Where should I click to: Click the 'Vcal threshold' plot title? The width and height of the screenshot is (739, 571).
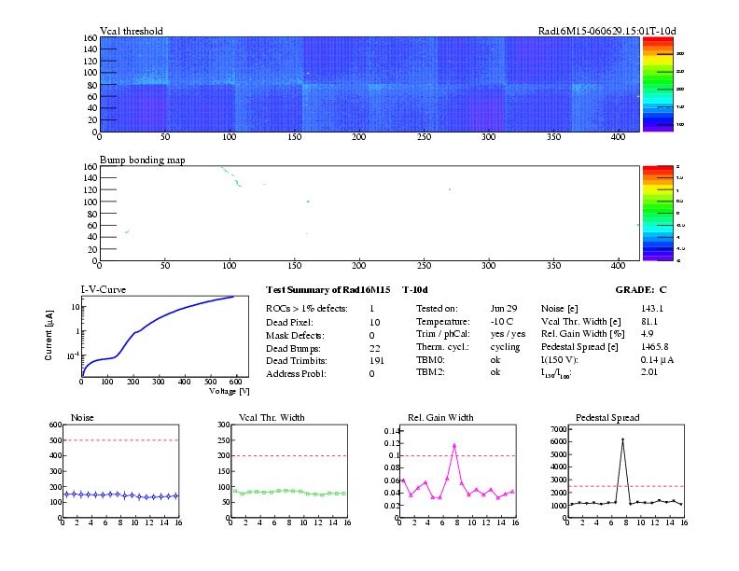[131, 31]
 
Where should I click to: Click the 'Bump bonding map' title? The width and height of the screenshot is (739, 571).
[142, 160]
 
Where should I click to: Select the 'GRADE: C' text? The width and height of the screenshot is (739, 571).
[640, 290]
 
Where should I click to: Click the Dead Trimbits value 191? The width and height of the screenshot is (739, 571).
[378, 360]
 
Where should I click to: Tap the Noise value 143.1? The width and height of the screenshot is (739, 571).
[651, 308]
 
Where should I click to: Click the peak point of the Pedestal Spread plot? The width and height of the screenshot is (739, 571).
[622, 439]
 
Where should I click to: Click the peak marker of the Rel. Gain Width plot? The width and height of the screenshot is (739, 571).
[454, 445]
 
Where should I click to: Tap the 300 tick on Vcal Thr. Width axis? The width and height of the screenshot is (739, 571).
[224, 425]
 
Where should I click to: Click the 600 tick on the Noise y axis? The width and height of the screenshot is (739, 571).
[54, 425]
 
